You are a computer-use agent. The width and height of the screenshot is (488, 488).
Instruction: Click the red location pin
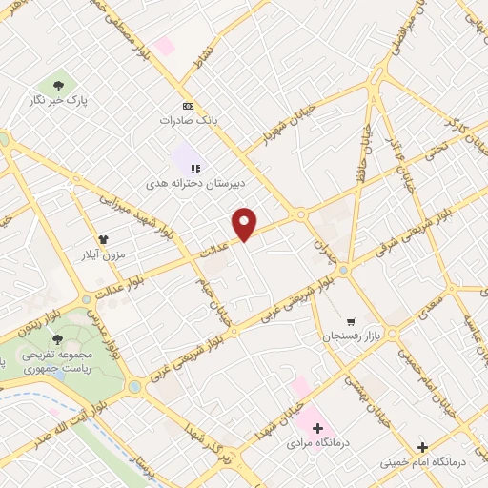pos(245,223)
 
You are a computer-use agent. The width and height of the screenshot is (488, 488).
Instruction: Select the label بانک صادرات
pos(190,122)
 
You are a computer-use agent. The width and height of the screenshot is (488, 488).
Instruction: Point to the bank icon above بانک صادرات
pos(189,106)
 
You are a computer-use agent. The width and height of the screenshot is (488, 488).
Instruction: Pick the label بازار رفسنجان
pos(351,337)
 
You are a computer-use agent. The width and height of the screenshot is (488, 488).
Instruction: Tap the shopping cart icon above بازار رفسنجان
pos(351,321)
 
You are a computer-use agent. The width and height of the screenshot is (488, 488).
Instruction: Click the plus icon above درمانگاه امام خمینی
pos(422,446)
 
